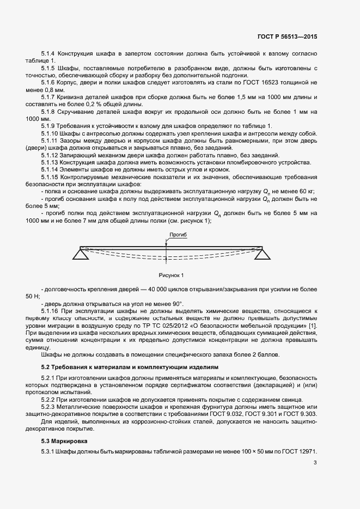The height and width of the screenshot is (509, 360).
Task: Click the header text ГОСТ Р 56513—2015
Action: [x=287, y=36]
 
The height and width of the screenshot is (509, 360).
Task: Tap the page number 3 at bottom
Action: [x=315, y=463]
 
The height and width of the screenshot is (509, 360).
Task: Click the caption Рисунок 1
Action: [x=172, y=275]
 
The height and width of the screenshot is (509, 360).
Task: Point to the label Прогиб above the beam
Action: [x=178, y=235]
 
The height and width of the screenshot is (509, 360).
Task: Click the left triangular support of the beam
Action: [x=81, y=252]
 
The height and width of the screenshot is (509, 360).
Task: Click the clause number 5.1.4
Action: [x=49, y=53]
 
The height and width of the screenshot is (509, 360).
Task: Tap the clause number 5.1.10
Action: [x=51, y=133]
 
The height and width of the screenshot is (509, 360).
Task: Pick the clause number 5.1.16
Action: [x=51, y=310]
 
